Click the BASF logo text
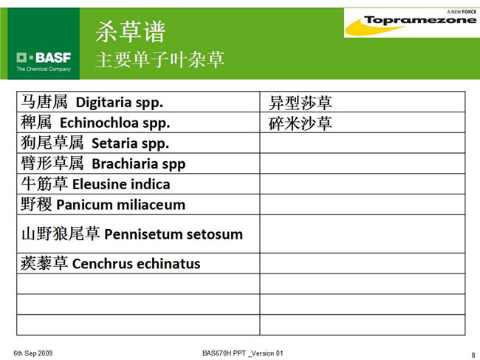pyautogui.click(x=53, y=58)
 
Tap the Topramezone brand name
pyautogui.click(x=420, y=20)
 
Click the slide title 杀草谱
pyautogui.click(x=130, y=32)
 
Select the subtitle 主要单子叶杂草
pyautogui.click(x=160, y=59)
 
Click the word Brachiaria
pyautogui.click(x=125, y=163)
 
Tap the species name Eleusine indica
pyautogui.click(x=121, y=184)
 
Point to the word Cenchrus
pyautogui.click(x=102, y=263)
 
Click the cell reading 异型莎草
pyautogui.click(x=301, y=103)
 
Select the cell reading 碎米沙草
pyautogui.click(x=301, y=123)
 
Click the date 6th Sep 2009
pyautogui.click(x=33, y=353)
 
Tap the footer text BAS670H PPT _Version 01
pyautogui.click(x=243, y=353)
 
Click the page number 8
pyautogui.click(x=473, y=355)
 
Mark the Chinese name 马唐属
pyautogui.click(x=44, y=102)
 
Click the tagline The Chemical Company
pyautogui.click(x=44, y=69)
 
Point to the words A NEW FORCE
pyautogui.click(x=462, y=12)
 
